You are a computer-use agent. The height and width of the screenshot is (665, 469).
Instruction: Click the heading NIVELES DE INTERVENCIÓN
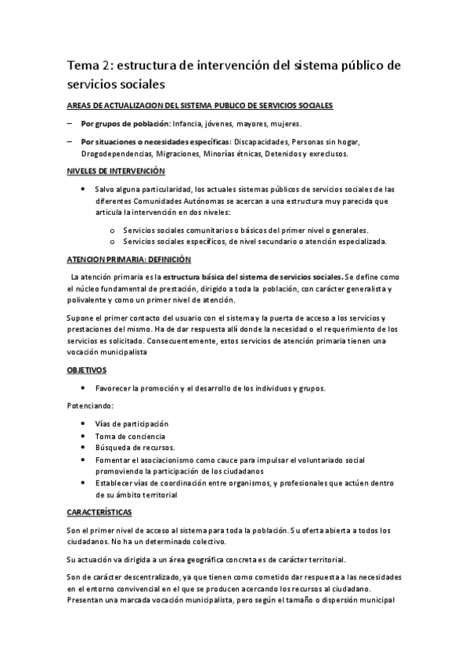pos(116,170)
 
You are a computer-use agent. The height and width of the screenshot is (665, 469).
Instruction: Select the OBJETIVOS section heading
pos(87,369)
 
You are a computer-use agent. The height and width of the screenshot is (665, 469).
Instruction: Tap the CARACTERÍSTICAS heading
pos(99,512)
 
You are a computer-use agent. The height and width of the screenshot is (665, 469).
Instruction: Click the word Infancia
pos(189,124)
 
